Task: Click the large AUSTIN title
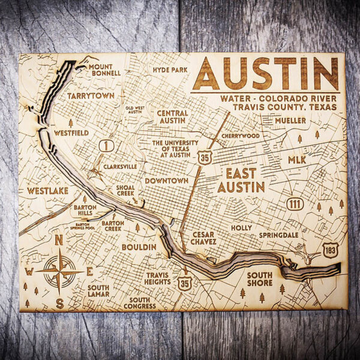click(x=265, y=74)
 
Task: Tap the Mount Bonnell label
click(x=105, y=70)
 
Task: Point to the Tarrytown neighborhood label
click(x=91, y=96)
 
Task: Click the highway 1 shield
click(x=108, y=146)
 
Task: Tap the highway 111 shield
click(x=293, y=203)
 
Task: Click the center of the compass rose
click(x=59, y=271)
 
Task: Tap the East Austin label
click(x=241, y=180)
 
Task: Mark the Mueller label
click(x=290, y=121)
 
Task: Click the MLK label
click(x=296, y=160)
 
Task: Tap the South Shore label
click(x=259, y=279)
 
